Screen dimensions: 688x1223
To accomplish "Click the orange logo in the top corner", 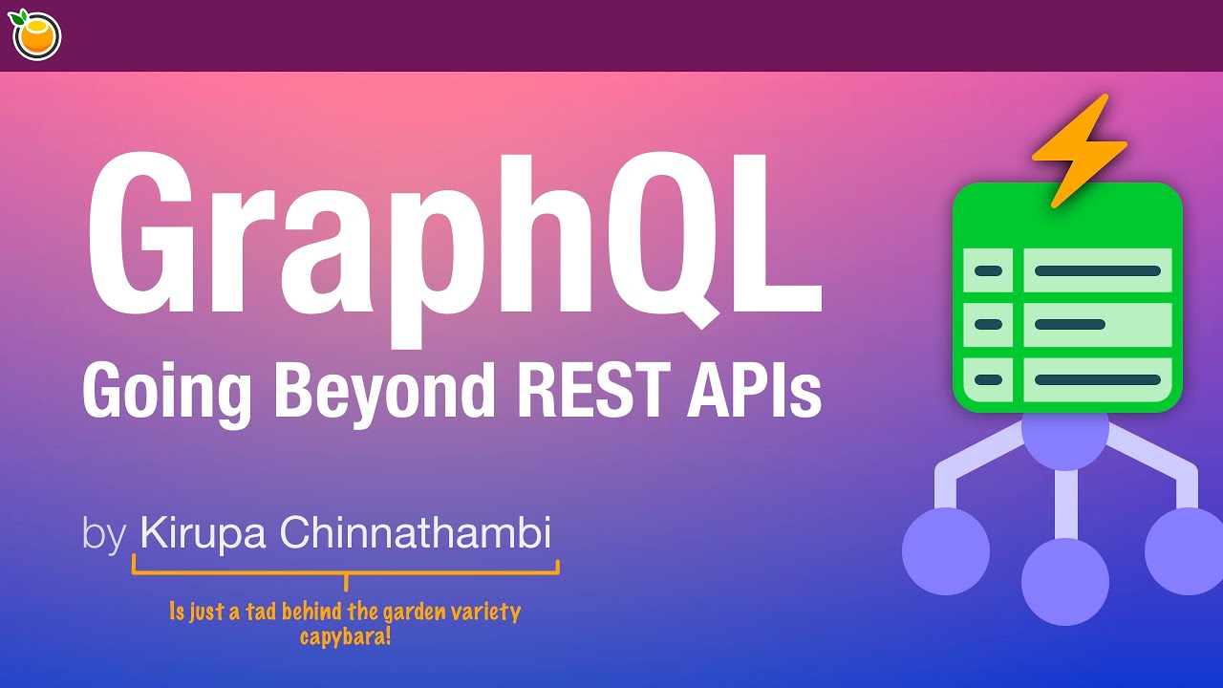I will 36,35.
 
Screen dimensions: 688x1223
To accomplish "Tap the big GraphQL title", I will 454,239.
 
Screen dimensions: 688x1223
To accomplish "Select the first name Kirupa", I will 203,534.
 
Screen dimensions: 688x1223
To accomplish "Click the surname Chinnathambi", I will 416,532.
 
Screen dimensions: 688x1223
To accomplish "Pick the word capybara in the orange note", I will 345,636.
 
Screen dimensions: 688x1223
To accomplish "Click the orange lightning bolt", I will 1080,148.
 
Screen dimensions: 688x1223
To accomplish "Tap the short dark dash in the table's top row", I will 988,271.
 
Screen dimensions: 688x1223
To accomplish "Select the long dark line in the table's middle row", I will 1070,325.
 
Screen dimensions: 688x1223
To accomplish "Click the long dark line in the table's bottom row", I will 1097,379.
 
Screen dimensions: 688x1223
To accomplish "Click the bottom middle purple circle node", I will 1064,581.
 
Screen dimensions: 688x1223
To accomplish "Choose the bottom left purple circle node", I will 946,551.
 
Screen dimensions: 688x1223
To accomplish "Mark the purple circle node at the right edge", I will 1185,551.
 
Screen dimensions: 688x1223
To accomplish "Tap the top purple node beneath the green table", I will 1064,441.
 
